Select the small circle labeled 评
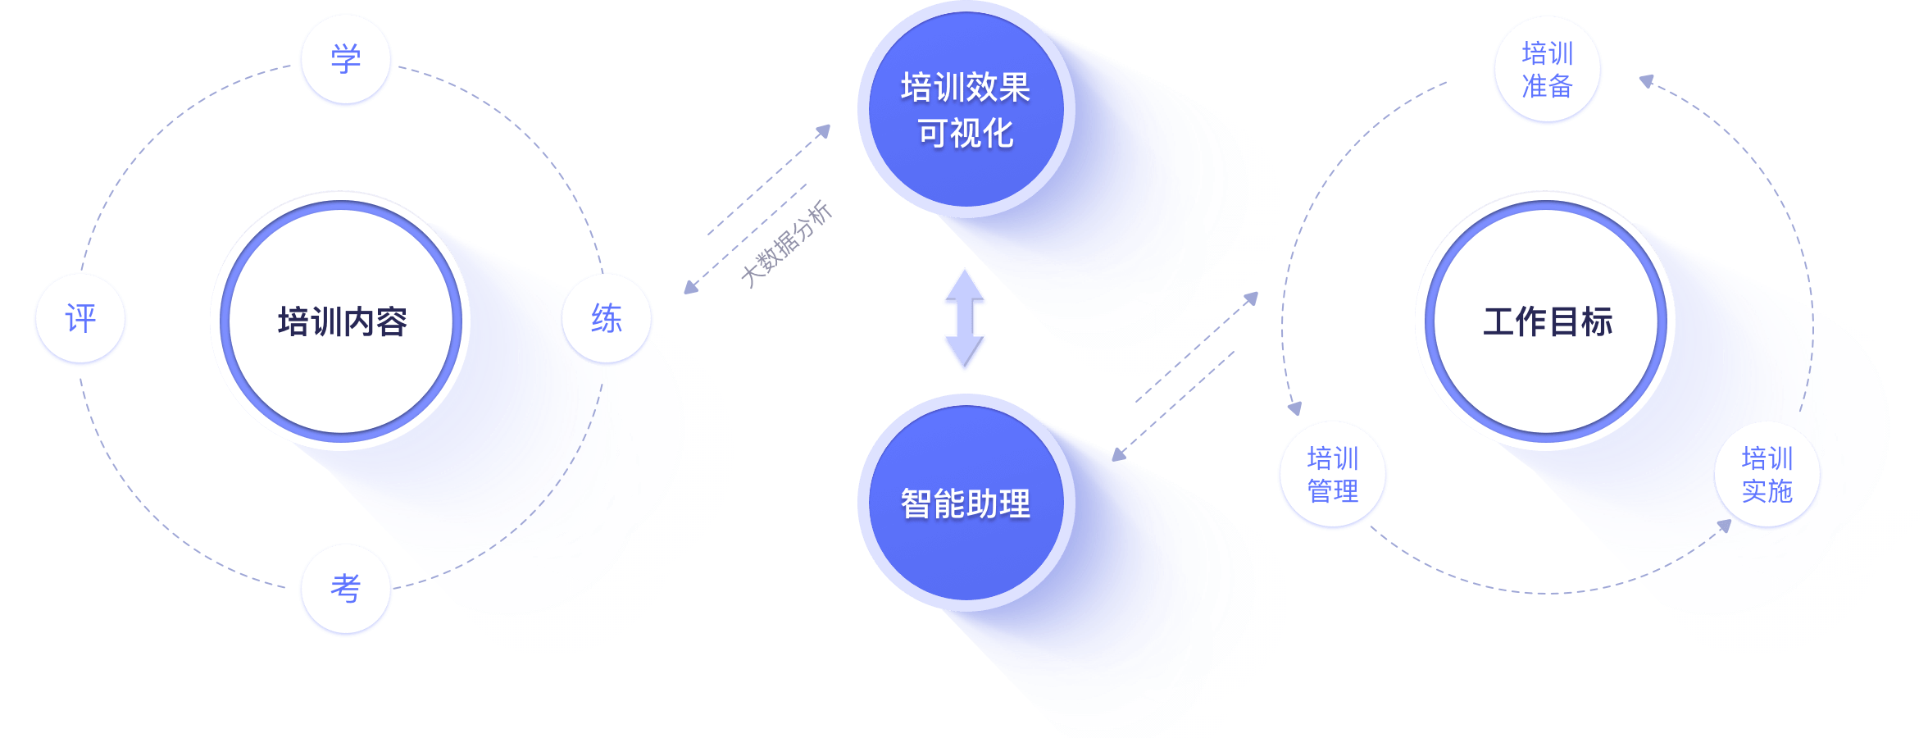80,319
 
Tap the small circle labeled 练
607,319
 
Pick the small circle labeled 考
345,589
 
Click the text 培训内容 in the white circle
342,321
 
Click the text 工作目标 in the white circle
1547,321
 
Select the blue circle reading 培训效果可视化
965,110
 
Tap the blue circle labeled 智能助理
965,503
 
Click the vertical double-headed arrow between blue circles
964,320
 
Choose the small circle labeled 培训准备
1547,70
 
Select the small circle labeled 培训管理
1332,475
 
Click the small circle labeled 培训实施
1767,475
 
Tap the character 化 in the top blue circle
998,134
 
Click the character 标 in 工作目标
1597,321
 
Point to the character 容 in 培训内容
391,321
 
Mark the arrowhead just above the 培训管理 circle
1294,408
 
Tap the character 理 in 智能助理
1014,503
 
